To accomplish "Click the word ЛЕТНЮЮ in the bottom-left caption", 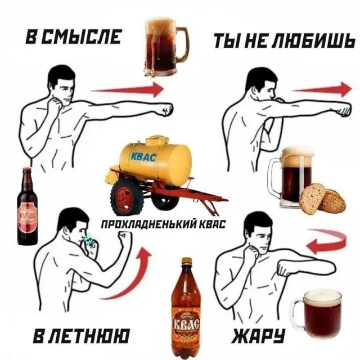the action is coord(89,336).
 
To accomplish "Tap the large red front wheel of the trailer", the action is coord(127,198).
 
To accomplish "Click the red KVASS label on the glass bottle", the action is coord(28,218).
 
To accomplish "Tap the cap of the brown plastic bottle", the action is coord(187,260).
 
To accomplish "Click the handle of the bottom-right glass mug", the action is coord(296,313).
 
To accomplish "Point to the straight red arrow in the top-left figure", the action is coord(128,89).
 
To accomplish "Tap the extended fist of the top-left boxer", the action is coord(165,110).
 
